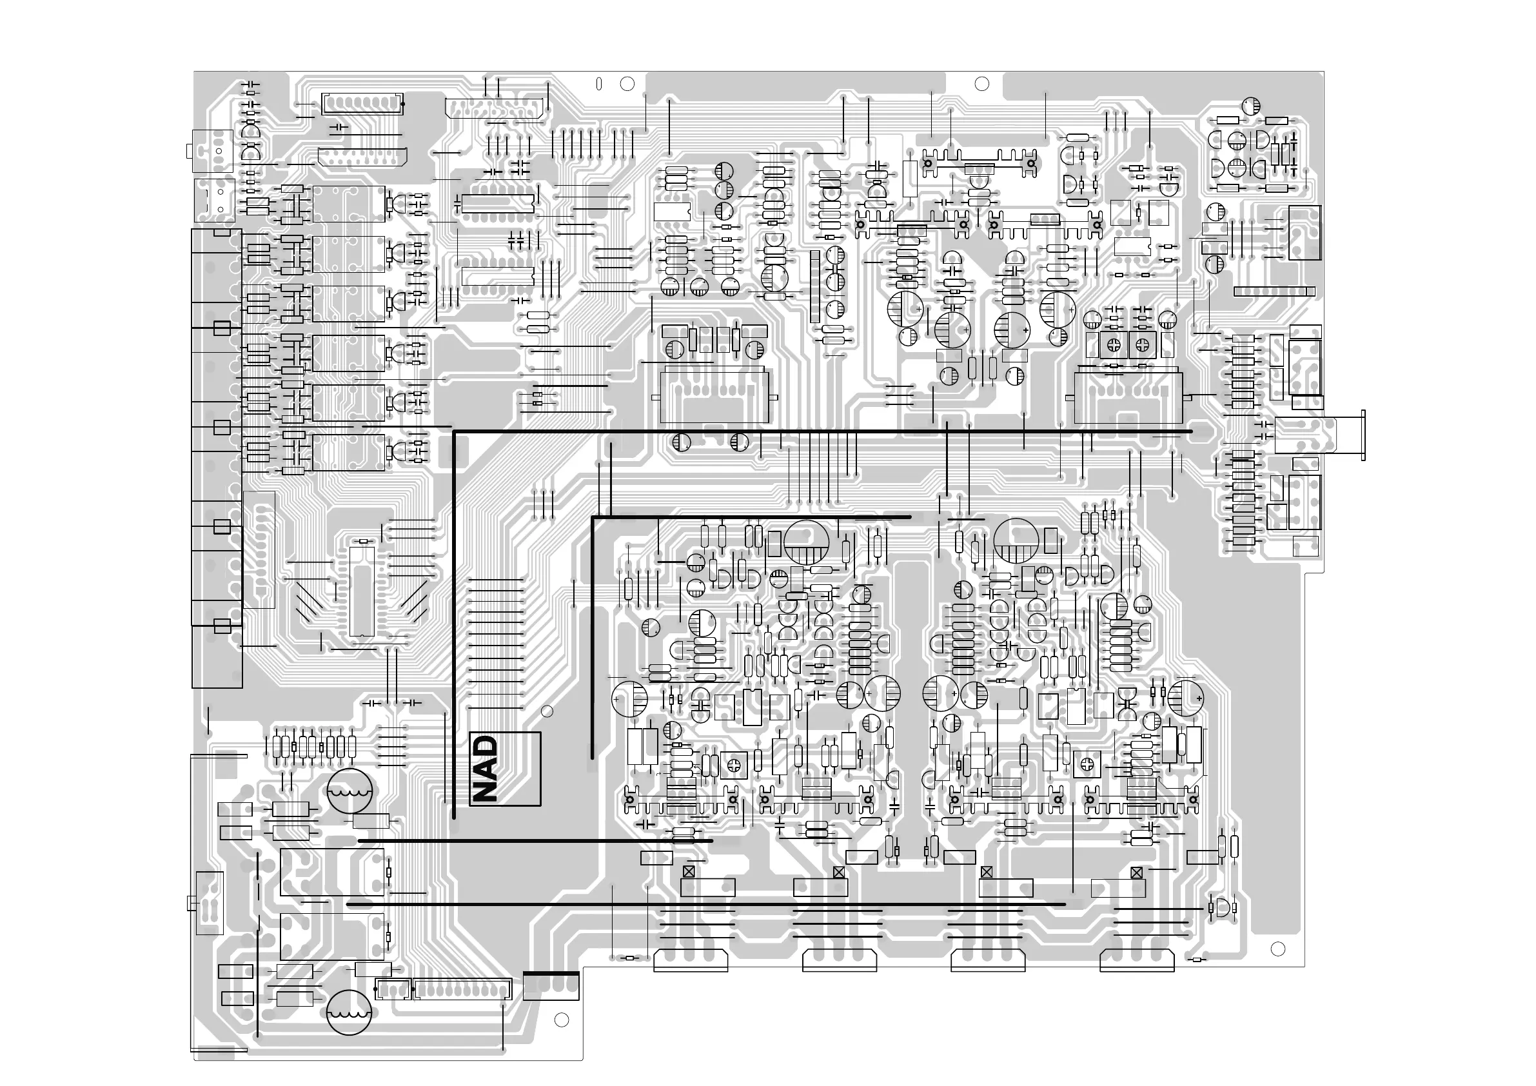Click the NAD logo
point(504,769)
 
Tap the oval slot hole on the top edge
point(599,84)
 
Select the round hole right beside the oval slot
point(627,84)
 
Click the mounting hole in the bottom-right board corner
point(1277,948)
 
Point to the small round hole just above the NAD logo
point(547,711)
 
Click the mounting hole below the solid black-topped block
point(561,1020)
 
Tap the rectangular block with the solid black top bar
point(551,985)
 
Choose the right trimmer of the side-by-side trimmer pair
point(1139,344)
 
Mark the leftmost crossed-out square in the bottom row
point(689,872)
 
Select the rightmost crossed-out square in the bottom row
point(1136,873)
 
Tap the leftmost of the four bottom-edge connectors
point(691,960)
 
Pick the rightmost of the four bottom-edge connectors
point(1137,960)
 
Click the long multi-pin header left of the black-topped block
point(462,989)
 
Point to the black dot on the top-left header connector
point(403,104)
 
